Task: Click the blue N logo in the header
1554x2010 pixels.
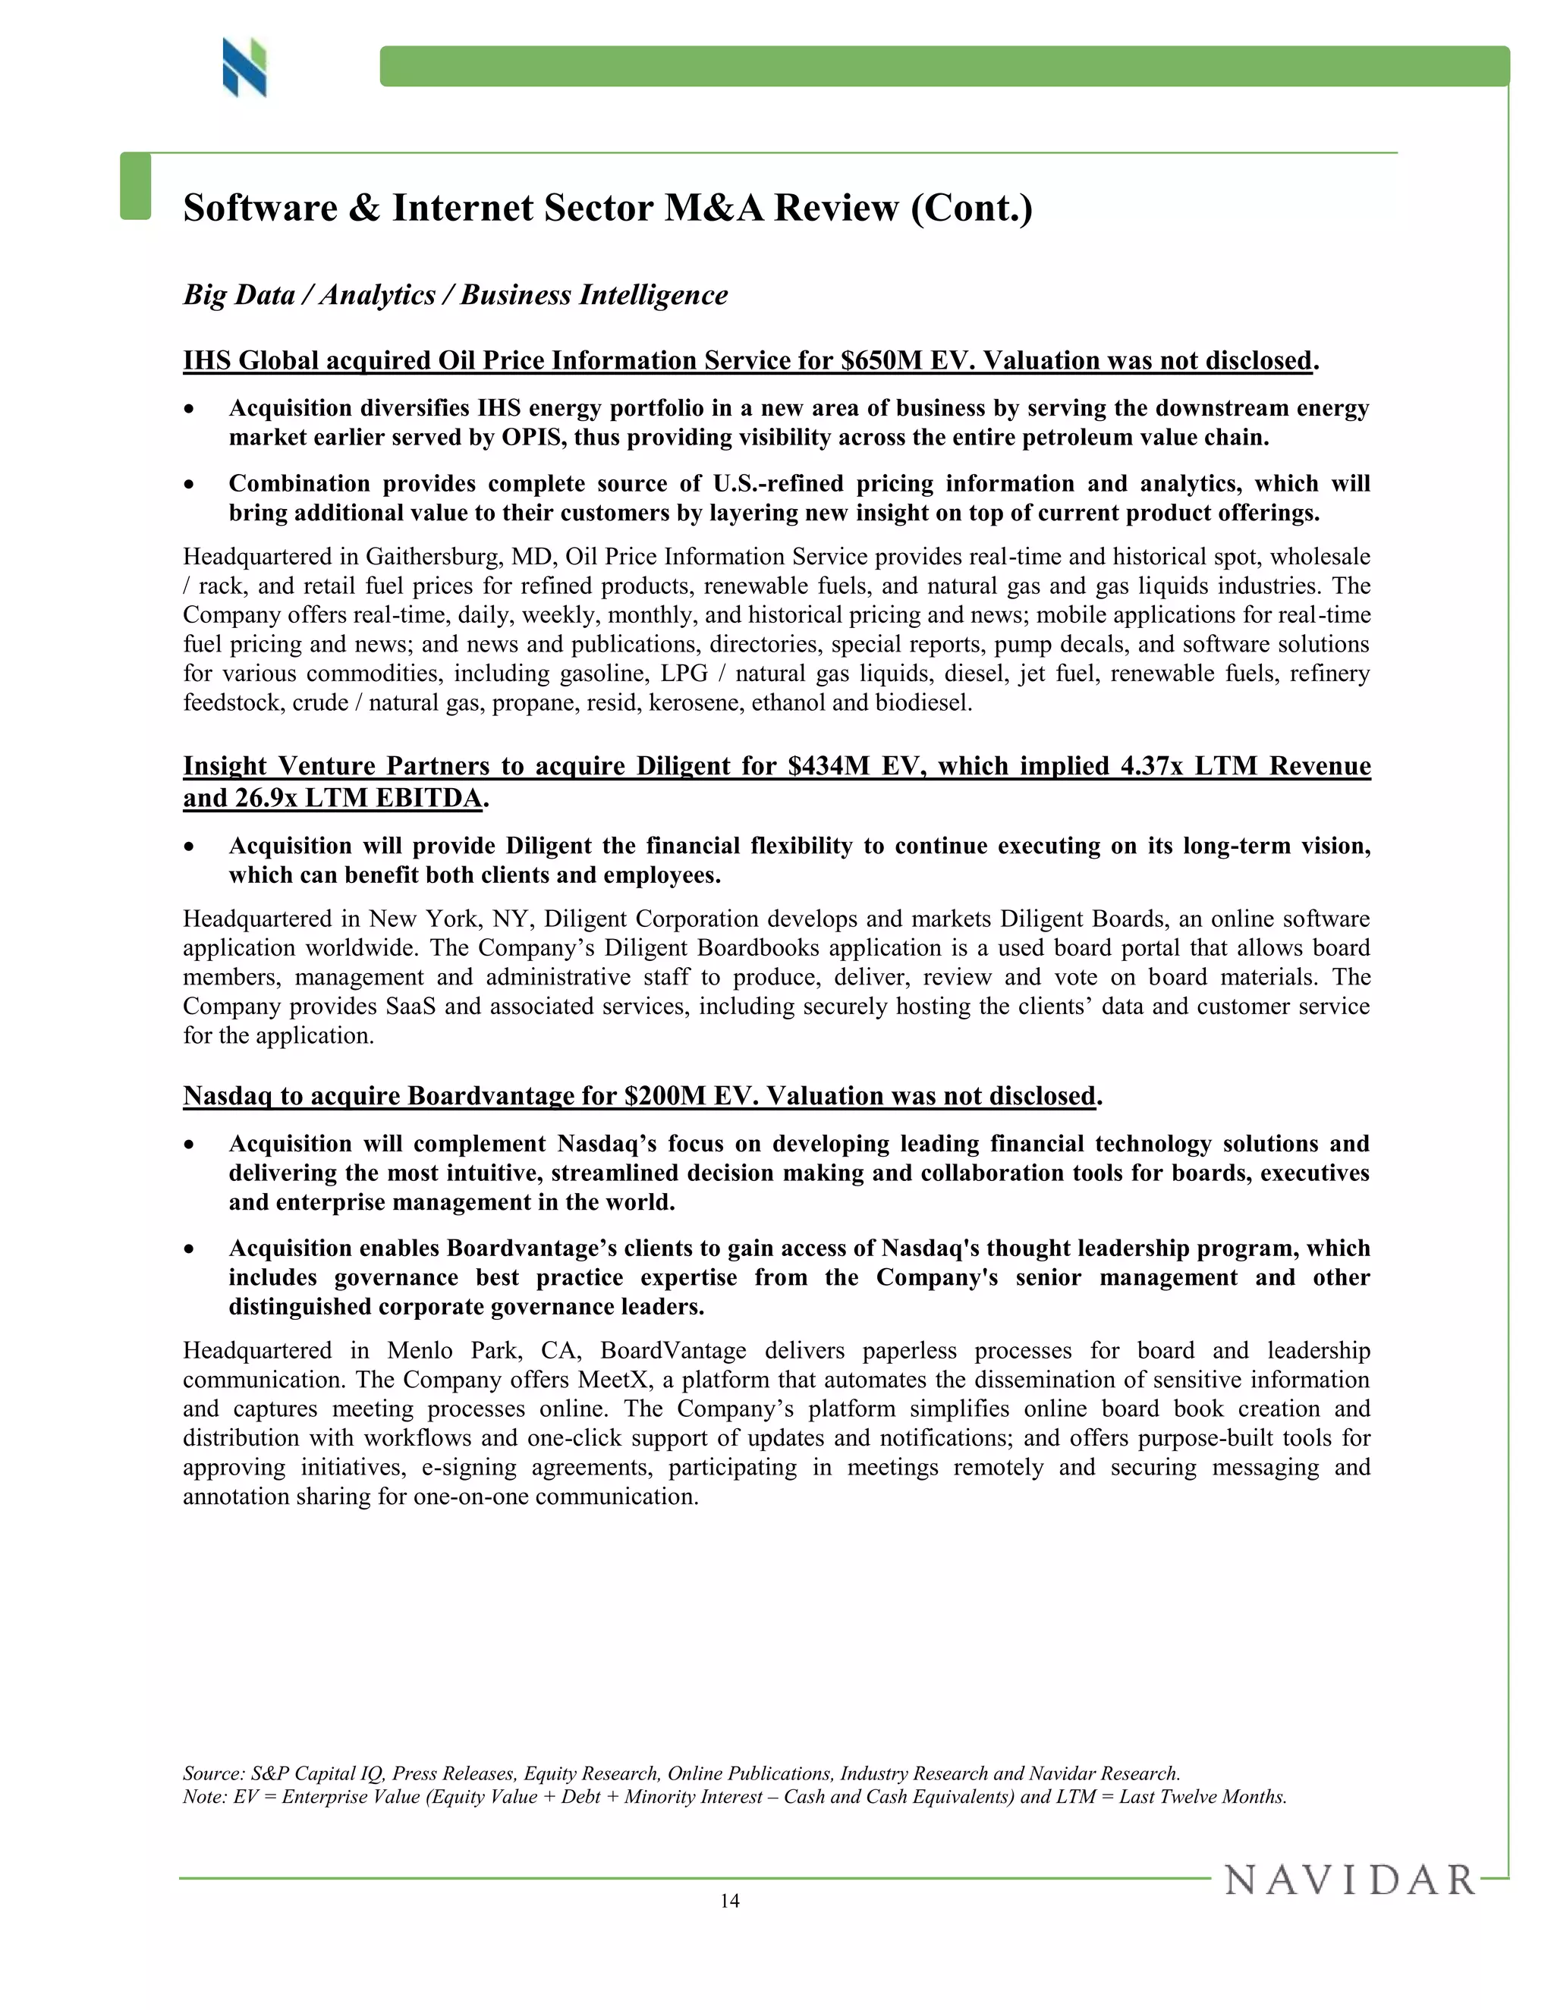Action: click(244, 68)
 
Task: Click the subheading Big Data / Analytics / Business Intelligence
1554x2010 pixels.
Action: click(455, 294)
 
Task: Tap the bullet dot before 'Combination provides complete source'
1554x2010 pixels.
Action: click(190, 485)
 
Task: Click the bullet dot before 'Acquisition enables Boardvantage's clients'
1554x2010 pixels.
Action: click(190, 1250)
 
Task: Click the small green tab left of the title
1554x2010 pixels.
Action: click(135, 187)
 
